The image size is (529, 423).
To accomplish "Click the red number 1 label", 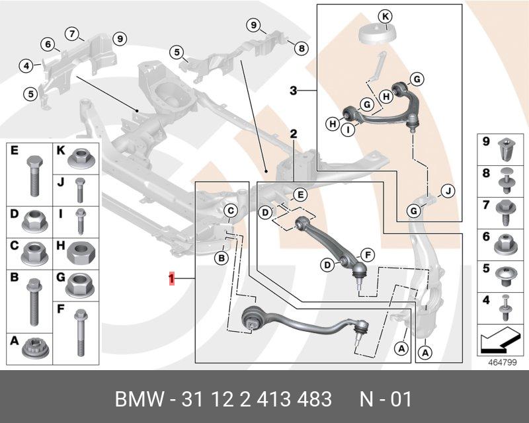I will point(171,279).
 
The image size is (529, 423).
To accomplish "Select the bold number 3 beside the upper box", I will point(294,91).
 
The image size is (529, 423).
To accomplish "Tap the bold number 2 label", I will point(294,134).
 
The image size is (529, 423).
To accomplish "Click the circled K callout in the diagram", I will point(386,16).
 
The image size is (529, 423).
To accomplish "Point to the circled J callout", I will point(448,192).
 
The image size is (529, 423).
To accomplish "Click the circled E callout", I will point(300,194).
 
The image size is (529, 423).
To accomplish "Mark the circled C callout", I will point(231,211).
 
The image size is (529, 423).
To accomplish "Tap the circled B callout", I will point(222,258).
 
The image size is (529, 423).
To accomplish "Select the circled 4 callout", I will point(26,65).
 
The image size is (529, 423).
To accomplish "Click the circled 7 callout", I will point(71,33).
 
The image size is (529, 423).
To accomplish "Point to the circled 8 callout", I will point(301,48).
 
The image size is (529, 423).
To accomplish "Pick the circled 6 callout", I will point(48,44).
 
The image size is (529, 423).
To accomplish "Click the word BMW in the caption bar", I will point(138,400).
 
